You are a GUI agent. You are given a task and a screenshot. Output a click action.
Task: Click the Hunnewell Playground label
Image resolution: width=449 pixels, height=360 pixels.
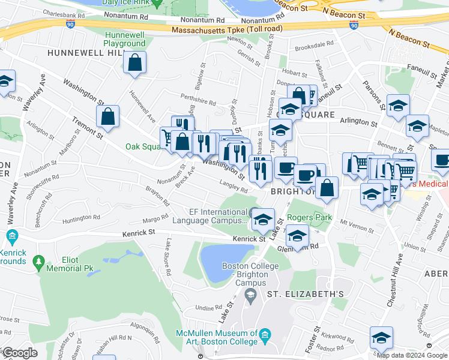click(124, 40)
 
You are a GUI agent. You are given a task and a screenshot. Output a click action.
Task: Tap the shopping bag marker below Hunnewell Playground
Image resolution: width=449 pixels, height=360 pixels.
click(135, 62)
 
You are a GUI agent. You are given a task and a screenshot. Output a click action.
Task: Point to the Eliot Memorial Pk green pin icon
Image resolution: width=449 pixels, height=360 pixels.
click(40, 262)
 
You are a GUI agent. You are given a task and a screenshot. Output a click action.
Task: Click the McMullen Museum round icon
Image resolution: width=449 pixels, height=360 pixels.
click(264, 334)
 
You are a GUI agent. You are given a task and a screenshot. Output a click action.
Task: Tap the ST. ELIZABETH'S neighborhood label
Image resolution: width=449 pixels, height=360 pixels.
click(305, 294)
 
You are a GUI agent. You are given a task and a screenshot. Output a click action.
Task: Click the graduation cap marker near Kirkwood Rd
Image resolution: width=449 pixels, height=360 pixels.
click(381, 337)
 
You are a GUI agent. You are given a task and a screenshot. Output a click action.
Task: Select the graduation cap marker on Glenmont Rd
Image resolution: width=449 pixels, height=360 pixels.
click(297, 235)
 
